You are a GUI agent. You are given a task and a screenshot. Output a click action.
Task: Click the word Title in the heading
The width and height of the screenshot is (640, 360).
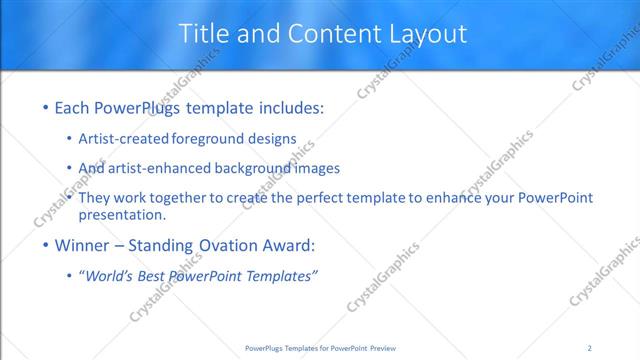(x=204, y=33)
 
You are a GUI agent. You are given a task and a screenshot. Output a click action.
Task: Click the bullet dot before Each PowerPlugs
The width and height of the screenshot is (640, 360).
(x=45, y=107)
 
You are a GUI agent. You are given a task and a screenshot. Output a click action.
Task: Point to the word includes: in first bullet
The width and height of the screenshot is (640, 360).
(x=290, y=107)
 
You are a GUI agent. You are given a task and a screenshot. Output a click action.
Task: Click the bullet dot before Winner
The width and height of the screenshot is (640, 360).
(x=45, y=245)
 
